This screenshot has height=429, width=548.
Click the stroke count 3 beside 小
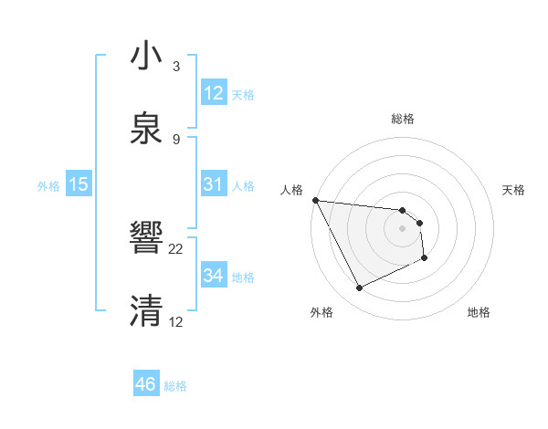(x=176, y=67)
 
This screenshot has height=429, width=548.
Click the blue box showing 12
(x=213, y=92)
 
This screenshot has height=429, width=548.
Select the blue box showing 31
(x=213, y=184)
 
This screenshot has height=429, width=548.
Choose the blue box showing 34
(x=213, y=275)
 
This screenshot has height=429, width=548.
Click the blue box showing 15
(x=79, y=184)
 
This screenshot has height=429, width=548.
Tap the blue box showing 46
(x=145, y=384)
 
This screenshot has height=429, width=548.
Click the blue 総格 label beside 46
(x=175, y=386)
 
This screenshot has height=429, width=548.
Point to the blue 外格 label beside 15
(x=48, y=186)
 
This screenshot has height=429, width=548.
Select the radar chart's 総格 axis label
(x=403, y=119)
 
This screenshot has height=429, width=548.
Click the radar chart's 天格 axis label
(x=514, y=190)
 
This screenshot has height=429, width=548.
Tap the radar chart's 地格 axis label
(x=479, y=312)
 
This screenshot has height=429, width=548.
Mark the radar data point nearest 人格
(x=315, y=200)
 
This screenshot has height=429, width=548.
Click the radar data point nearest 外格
(x=359, y=288)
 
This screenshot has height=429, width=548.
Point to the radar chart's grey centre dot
(x=403, y=228)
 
